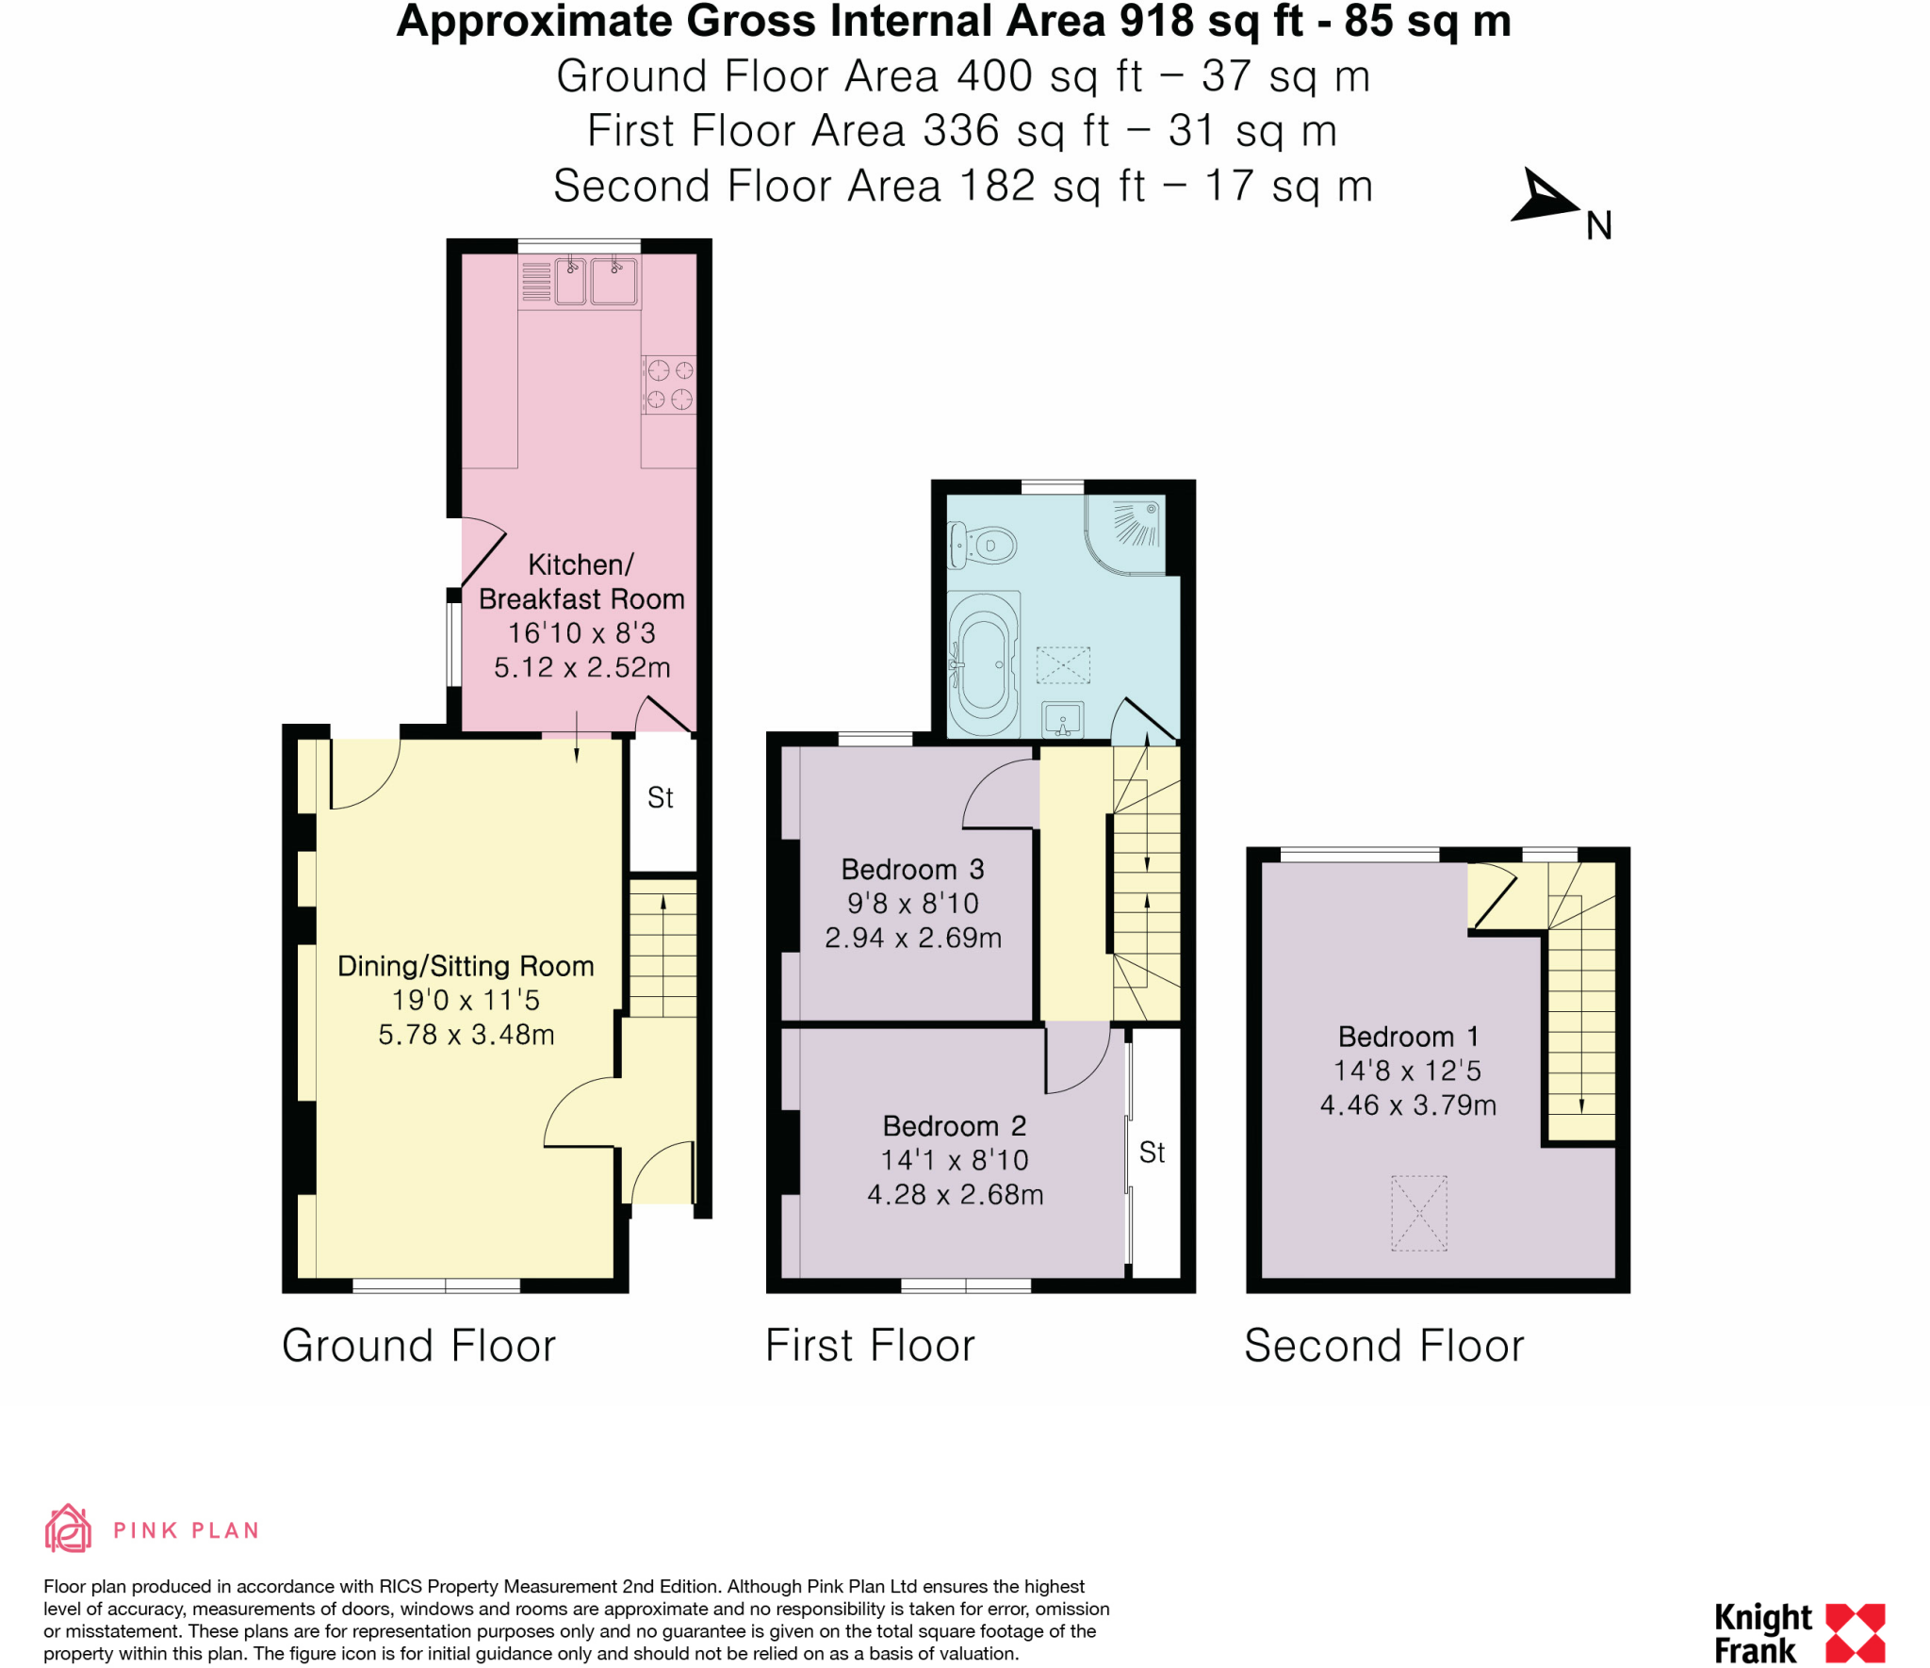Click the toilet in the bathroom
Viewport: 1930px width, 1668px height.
(x=982, y=546)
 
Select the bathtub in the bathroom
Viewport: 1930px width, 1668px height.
(x=984, y=663)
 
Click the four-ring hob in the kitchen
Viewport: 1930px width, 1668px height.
(x=669, y=384)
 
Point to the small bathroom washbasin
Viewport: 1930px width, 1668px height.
(x=1063, y=720)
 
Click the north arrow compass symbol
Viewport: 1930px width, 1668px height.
(x=1541, y=198)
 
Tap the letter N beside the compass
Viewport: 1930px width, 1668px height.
(x=1598, y=226)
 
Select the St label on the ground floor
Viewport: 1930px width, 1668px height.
(x=660, y=798)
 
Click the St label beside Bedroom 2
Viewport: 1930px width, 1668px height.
(x=1152, y=1152)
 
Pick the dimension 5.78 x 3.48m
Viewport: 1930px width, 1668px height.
(x=466, y=1035)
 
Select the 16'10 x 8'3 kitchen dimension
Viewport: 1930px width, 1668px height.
(x=581, y=633)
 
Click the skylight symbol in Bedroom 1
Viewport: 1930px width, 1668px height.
(x=1418, y=1213)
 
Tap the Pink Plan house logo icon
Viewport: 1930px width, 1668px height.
(x=68, y=1529)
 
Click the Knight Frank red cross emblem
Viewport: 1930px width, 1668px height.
(x=1855, y=1632)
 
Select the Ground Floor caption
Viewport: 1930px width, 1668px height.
(x=418, y=1346)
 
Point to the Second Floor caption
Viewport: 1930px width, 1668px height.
(x=1383, y=1346)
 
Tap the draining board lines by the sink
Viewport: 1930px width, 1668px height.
(x=535, y=281)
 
